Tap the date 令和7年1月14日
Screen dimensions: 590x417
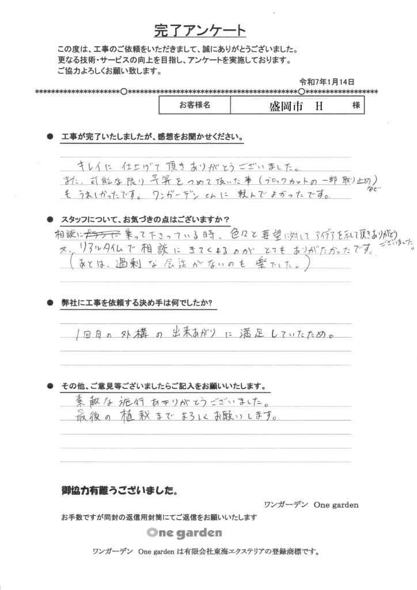coord(326,82)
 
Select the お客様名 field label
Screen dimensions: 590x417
coord(194,105)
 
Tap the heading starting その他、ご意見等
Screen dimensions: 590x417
coord(163,385)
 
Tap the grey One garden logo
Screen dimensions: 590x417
coord(184,532)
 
